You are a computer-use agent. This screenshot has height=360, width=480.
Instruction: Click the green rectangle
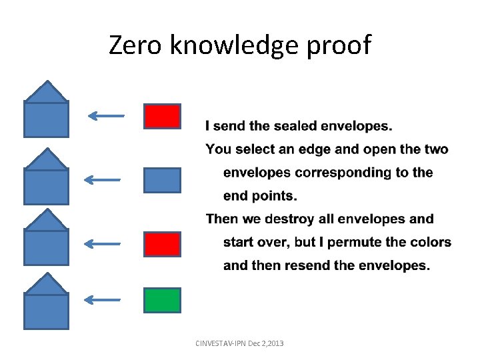click(162, 300)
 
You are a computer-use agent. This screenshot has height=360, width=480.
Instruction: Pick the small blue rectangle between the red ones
click(162, 180)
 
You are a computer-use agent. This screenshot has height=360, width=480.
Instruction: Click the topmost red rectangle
click(162, 116)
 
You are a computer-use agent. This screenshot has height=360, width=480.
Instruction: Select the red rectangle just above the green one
click(162, 244)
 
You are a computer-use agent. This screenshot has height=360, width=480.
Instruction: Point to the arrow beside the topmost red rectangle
click(106, 116)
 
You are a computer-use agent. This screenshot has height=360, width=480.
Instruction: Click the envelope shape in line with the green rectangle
click(46, 310)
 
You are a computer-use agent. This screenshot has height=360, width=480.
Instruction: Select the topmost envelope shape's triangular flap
click(46, 92)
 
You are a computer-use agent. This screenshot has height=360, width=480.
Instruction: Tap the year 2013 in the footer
click(274, 343)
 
